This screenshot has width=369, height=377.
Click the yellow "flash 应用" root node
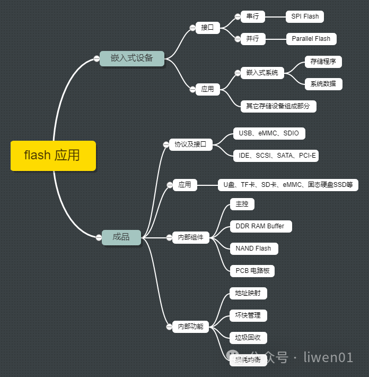53,156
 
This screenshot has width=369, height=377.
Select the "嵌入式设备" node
132,58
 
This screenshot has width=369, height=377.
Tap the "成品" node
121,237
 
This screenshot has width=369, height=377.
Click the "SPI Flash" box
305,16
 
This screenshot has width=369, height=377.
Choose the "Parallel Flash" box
311,39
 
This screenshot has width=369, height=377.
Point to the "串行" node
252,16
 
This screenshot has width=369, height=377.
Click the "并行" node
252,39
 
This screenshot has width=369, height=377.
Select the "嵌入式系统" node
262,73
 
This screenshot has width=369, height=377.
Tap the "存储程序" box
323,62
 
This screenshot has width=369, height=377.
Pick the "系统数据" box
323,84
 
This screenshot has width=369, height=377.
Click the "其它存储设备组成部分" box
278,106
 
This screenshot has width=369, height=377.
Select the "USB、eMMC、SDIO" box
269,133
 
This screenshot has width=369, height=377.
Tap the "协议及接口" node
190,144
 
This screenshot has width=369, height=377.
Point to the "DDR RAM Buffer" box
260,226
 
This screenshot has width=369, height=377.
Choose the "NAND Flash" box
253,249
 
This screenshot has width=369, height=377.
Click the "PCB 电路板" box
252,271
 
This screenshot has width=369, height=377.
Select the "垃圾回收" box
248,338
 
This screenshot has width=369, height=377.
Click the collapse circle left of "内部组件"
169,237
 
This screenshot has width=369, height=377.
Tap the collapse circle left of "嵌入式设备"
96,58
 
